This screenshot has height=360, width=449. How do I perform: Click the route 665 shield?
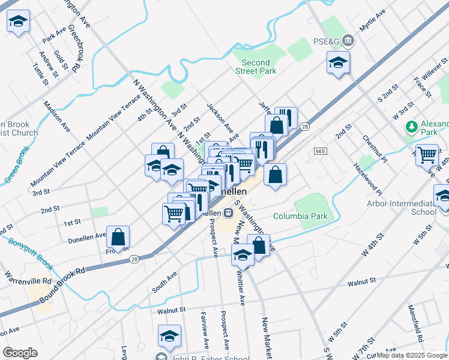point(319,151)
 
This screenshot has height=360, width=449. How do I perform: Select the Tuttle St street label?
point(40,74)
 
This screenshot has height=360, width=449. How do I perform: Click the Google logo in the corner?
point(20,352)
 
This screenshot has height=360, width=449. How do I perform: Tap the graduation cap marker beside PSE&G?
point(338,62)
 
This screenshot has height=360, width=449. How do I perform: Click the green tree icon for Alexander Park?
point(411,127)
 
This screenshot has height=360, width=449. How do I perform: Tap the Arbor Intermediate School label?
point(401,208)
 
